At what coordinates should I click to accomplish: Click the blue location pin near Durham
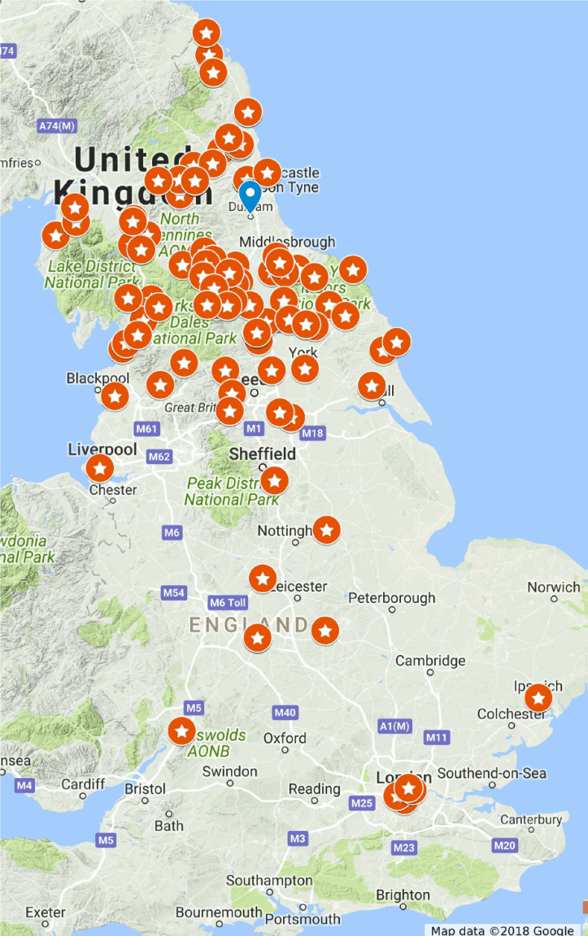point(250,196)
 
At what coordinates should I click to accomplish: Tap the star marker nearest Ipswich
point(538,698)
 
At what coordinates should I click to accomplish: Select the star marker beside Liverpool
point(99,468)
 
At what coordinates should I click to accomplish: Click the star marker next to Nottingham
point(326,530)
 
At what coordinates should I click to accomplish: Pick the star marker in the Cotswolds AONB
point(181,730)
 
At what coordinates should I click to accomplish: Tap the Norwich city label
point(554,587)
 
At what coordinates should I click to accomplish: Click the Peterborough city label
point(392,598)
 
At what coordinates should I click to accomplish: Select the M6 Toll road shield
point(228,602)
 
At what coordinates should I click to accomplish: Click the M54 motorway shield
point(174,593)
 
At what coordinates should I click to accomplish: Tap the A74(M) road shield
point(57,126)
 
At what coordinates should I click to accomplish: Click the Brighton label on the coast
point(403,895)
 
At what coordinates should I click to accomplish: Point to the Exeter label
point(46,912)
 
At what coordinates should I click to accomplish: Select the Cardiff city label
point(83,785)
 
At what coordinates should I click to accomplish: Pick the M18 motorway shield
point(313,434)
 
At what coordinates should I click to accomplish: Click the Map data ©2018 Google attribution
point(503,930)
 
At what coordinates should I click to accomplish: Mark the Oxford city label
point(285,738)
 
